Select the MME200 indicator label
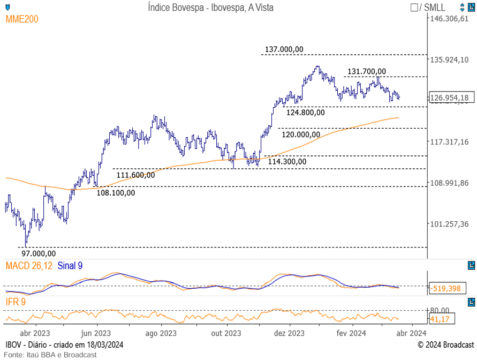pyautogui.click(x=22, y=19)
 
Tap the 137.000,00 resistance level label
pyautogui.click(x=284, y=49)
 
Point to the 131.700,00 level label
pyautogui.click(x=367, y=71)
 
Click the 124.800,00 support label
pyautogui.click(x=305, y=112)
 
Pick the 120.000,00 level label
pyautogui.click(x=301, y=134)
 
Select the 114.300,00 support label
pyautogui.click(x=287, y=161)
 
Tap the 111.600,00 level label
pyautogui.click(x=135, y=175)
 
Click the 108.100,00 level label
pyautogui.click(x=116, y=193)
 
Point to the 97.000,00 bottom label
pyautogui.click(x=38, y=253)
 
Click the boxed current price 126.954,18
pyautogui.click(x=450, y=97)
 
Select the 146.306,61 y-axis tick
pyautogui.click(x=450, y=19)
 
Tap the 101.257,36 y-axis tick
pyautogui.click(x=450, y=224)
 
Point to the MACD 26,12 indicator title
pyautogui.click(x=29, y=266)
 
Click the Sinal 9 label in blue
pyautogui.click(x=70, y=266)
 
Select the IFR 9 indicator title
pyautogui.click(x=16, y=303)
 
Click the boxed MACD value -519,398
pyautogui.click(x=446, y=288)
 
